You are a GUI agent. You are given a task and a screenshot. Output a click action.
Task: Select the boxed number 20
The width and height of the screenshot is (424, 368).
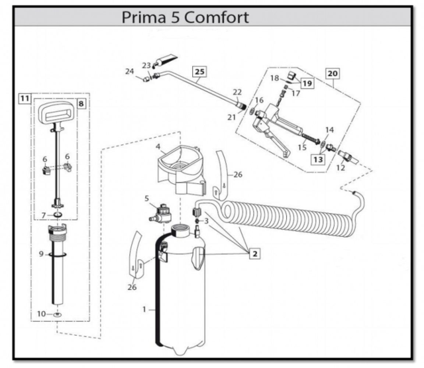pos(332,74)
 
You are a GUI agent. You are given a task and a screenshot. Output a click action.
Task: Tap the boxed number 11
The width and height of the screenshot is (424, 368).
pos(24,98)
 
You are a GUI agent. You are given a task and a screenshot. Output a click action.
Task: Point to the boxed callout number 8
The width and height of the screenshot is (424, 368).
pos(81,103)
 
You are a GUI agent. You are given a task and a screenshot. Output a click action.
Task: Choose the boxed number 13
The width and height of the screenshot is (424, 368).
pos(319,160)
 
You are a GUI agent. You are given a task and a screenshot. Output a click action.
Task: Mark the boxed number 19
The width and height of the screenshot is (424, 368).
pos(307,83)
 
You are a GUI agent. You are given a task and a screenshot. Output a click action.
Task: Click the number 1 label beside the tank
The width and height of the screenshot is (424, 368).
pos(145,309)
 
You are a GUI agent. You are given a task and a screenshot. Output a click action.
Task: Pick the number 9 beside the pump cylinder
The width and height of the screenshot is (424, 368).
pos(42,254)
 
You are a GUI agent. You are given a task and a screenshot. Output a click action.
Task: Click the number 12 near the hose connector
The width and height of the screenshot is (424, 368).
pos(340,168)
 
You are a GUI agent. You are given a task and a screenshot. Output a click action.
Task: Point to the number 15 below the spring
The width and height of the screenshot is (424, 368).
pos(302,147)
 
